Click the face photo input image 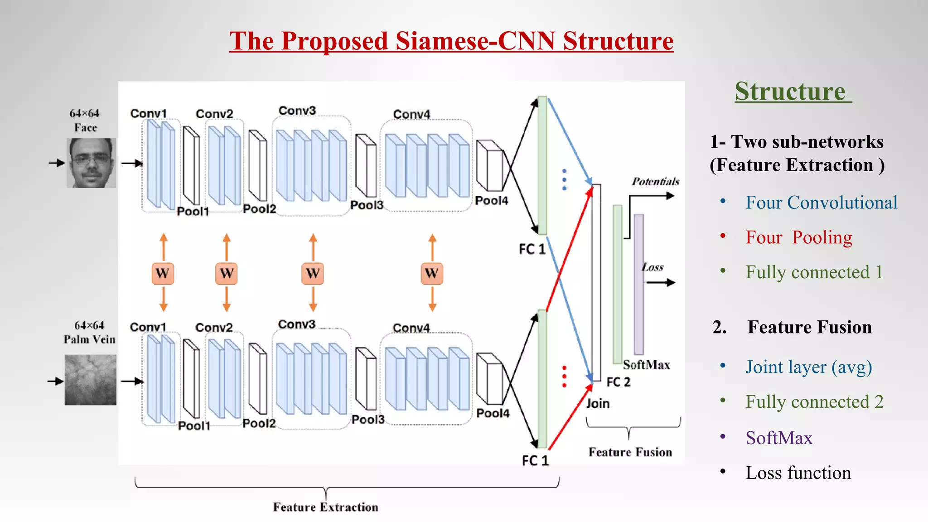[91, 163]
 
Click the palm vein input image [90, 380]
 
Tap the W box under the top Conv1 [163, 273]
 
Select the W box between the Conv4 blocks [432, 273]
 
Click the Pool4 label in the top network [491, 200]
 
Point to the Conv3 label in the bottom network [296, 324]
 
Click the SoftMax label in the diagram [646, 365]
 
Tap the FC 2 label [618, 382]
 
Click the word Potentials [655, 182]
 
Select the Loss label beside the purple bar [652, 267]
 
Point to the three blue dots [564, 179]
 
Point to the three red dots [564, 377]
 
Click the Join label [598, 403]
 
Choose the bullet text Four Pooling [798, 237]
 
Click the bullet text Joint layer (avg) [808, 367]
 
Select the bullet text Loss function [798, 473]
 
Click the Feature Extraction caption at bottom [325, 507]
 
